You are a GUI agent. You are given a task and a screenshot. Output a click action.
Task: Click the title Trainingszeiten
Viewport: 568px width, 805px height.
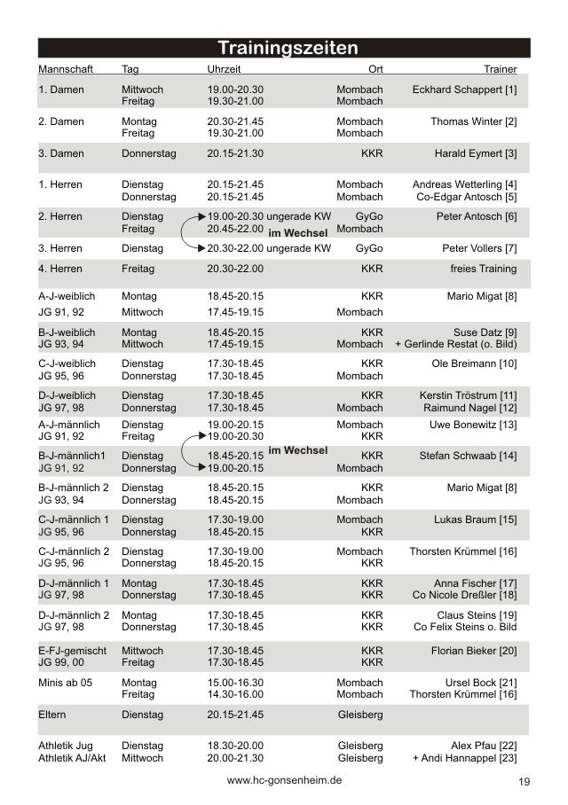288,48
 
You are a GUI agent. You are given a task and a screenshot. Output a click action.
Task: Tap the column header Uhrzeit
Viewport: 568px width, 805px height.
224,68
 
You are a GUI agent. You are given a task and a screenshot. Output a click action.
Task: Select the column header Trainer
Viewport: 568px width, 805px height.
501,68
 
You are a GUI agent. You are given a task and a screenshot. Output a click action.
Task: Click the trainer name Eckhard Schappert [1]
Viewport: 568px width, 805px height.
464,90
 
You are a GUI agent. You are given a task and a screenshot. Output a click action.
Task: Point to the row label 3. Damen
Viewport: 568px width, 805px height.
61,153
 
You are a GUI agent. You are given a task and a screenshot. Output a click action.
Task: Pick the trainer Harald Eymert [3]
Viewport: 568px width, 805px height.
475,153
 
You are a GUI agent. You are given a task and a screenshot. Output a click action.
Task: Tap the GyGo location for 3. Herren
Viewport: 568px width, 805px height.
369,248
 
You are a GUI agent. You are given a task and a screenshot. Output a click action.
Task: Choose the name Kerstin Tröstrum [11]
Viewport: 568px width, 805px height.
468,395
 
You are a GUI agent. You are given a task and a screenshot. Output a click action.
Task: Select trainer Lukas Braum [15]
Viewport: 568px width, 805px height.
475,520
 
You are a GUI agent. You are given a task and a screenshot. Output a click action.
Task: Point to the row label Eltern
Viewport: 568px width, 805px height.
52,714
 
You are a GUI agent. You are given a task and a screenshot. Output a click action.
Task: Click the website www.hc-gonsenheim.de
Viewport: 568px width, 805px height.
284,780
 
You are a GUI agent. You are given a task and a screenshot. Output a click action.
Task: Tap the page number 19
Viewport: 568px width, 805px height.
524,782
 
